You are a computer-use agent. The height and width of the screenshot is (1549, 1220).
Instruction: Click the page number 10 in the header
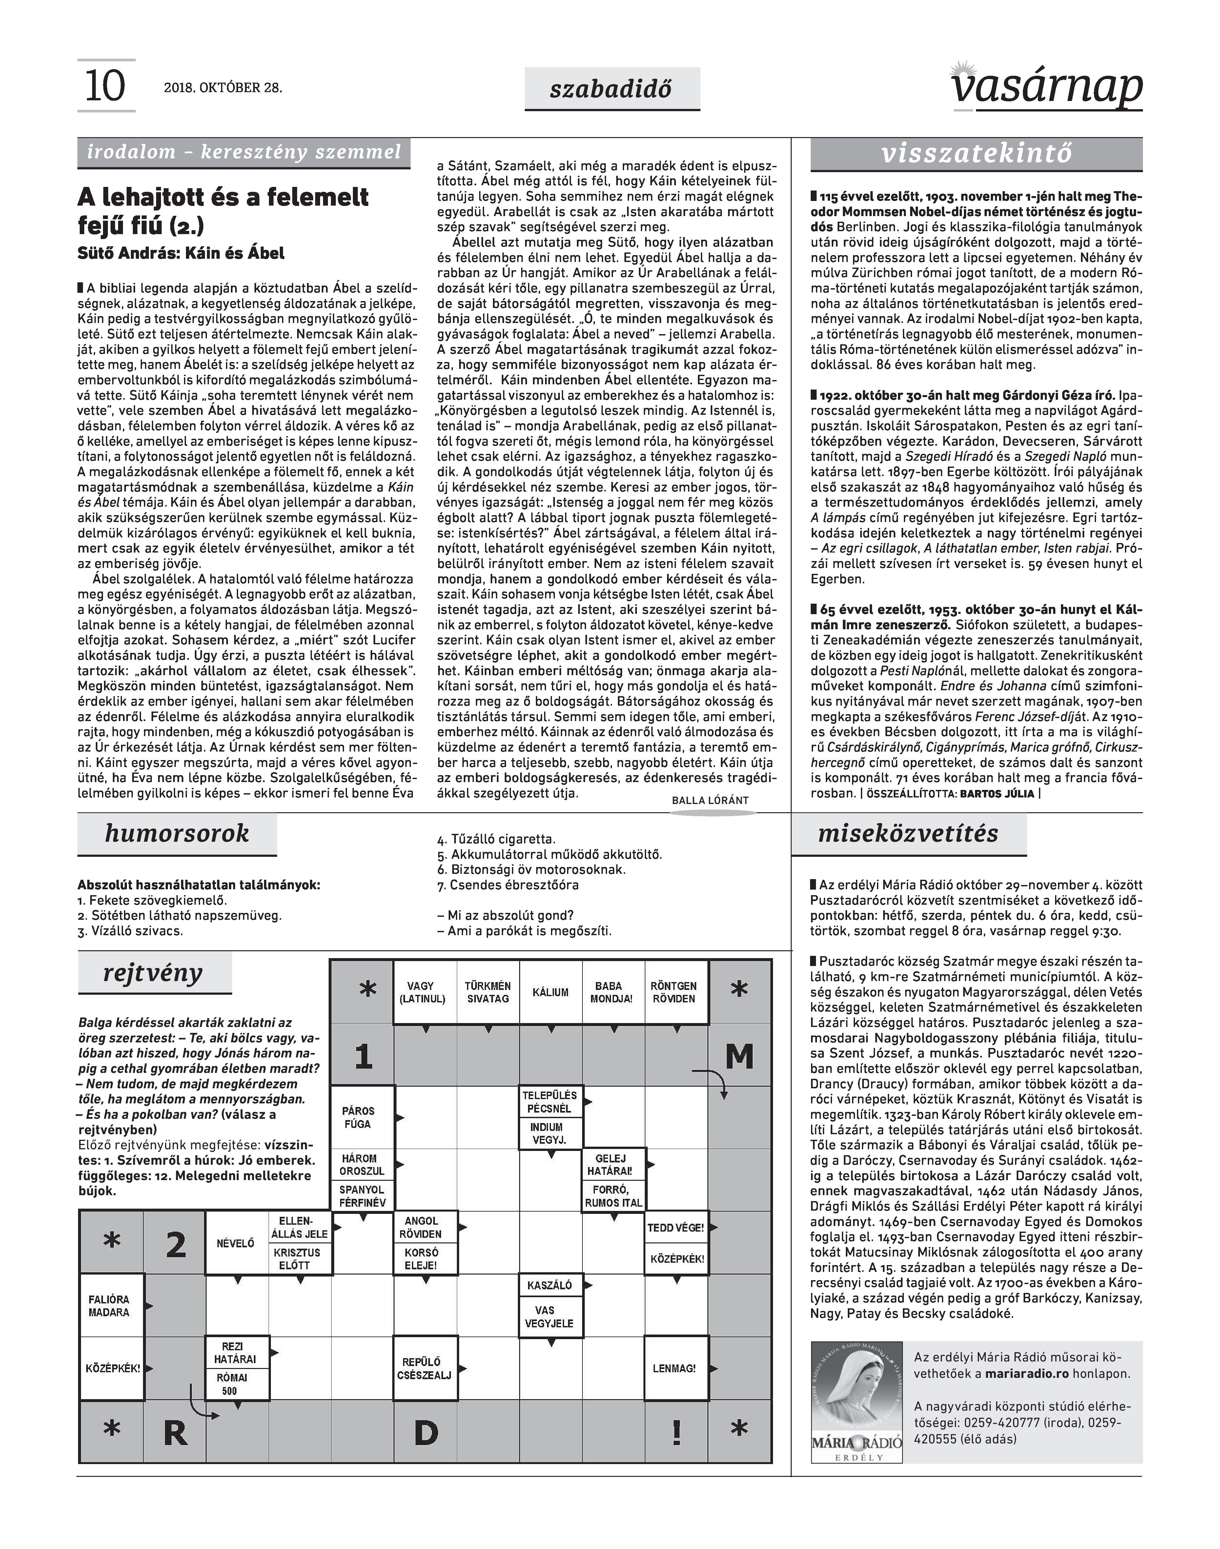105,87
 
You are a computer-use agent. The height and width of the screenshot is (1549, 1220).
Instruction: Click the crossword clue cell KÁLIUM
551,993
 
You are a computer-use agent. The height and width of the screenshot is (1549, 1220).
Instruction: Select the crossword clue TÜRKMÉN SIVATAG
488,993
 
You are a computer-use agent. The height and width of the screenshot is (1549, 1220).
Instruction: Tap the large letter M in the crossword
739,1056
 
